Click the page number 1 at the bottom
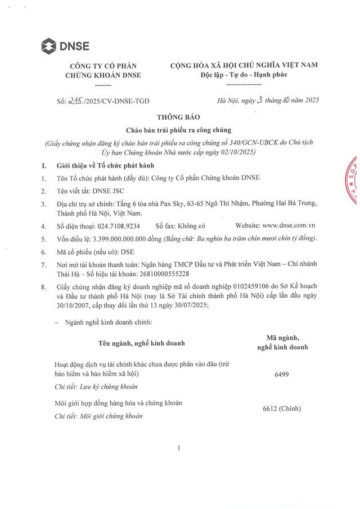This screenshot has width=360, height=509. [178, 448]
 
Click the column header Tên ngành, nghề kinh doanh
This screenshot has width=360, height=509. [141, 342]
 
